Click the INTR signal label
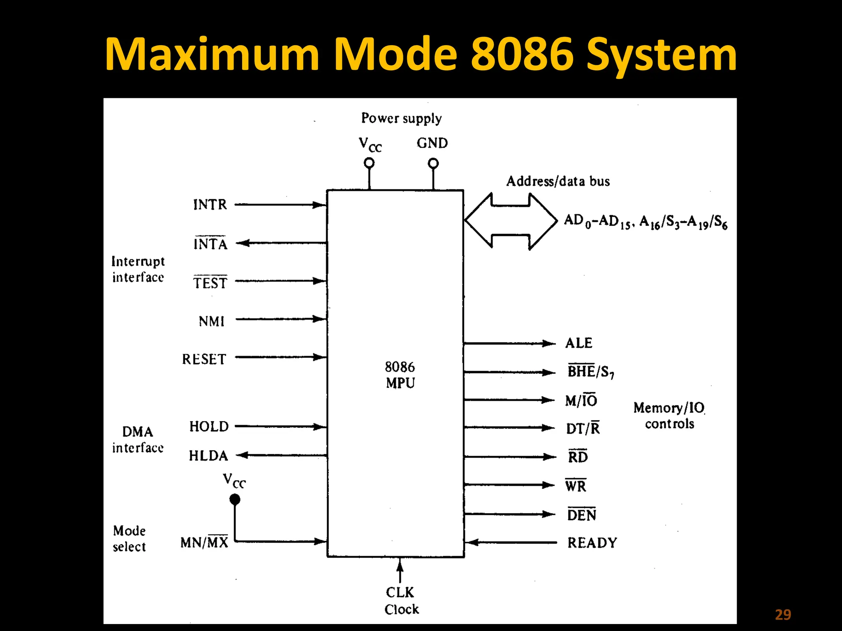pyautogui.click(x=210, y=204)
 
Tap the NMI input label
pyautogui.click(x=211, y=321)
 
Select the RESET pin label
pyautogui.click(x=204, y=359)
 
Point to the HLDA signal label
pyautogui.click(x=208, y=456)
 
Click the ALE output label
pyautogui.click(x=578, y=343)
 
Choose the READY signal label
pyautogui.click(x=592, y=543)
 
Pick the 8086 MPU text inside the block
pyautogui.click(x=400, y=375)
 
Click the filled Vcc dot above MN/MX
pyautogui.click(x=235, y=500)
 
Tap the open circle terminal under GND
pyautogui.click(x=433, y=164)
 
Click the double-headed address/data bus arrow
pyautogui.click(x=511, y=221)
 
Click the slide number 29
pyautogui.click(x=783, y=615)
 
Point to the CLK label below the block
pyautogui.click(x=400, y=592)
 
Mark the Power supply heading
pyautogui.click(x=401, y=118)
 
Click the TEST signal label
pyautogui.click(x=210, y=283)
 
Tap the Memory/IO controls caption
pyautogui.click(x=669, y=415)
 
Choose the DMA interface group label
pyautogui.click(x=138, y=440)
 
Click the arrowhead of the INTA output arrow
pyautogui.click(x=242, y=243)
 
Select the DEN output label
pyautogui.click(x=581, y=515)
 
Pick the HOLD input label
pyautogui.click(x=209, y=426)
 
